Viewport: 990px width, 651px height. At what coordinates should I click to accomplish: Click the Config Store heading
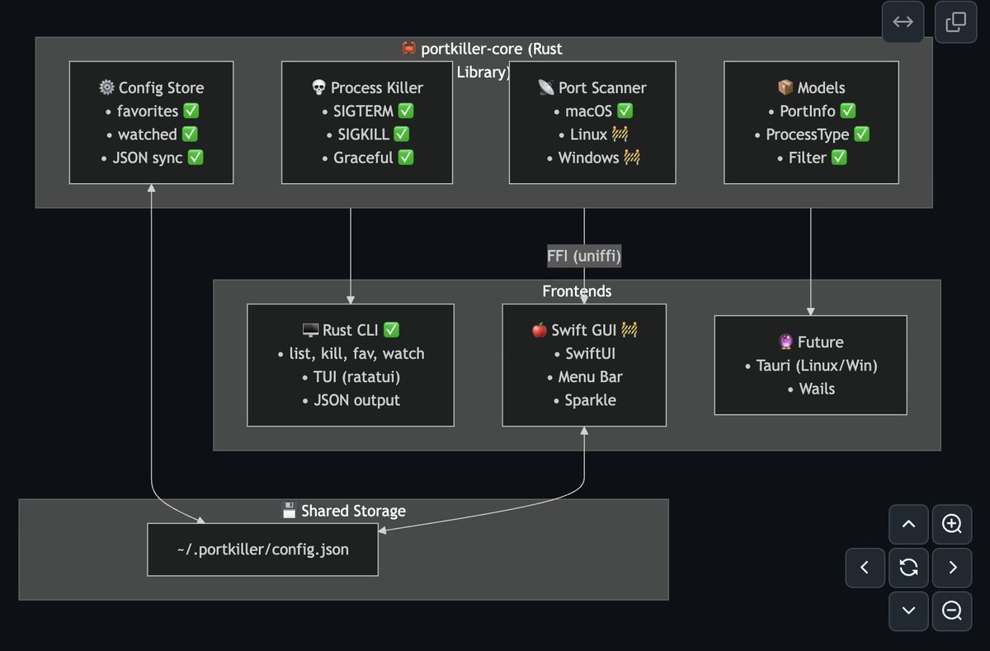151,87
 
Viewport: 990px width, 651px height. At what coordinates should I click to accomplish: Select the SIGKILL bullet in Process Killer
366,134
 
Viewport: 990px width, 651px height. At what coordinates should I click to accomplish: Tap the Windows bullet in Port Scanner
592,157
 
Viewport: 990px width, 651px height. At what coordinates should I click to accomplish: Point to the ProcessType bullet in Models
810,134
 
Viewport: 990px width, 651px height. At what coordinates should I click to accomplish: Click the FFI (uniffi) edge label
584,257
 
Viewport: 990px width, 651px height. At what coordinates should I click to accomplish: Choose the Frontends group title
577,291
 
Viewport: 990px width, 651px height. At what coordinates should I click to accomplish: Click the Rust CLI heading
351,330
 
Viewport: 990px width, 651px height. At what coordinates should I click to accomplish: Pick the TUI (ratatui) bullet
351,376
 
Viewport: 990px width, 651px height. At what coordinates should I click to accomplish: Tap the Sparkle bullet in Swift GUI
584,400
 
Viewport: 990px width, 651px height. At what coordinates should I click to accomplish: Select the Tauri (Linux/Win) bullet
810,365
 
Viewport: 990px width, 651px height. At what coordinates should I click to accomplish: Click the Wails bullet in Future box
810,389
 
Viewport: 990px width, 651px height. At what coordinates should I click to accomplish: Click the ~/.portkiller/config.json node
262,549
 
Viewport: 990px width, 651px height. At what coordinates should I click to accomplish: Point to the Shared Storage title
343,511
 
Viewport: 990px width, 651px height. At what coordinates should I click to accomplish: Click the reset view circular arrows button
909,567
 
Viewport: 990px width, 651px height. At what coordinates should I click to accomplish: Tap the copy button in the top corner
955,21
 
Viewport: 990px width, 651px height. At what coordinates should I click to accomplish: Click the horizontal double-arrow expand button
903,21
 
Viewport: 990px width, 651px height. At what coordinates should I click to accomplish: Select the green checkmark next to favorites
191,111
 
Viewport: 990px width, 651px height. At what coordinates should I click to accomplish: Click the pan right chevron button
952,567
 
